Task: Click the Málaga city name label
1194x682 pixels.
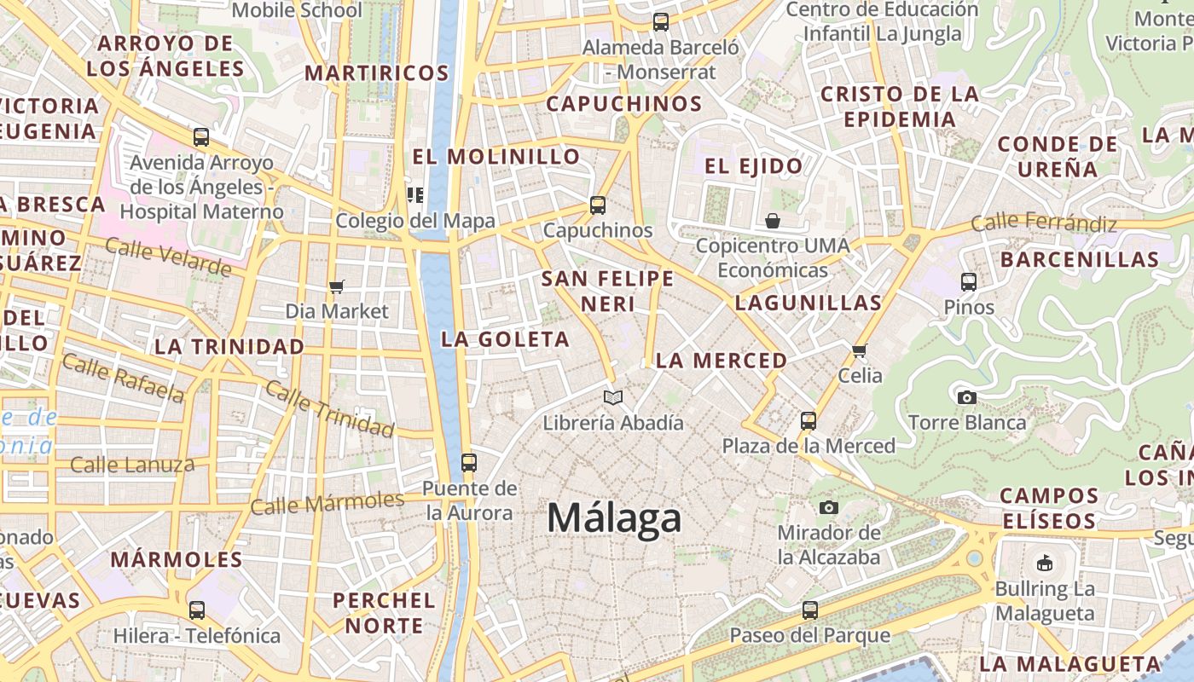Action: click(614, 517)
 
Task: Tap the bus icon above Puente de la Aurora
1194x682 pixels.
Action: click(468, 463)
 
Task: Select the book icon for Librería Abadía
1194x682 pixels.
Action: click(612, 397)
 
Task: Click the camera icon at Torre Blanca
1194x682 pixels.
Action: click(966, 397)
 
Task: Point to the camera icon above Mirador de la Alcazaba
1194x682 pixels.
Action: click(828, 508)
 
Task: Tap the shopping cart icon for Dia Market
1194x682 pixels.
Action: click(337, 287)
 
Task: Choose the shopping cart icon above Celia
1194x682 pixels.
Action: click(859, 350)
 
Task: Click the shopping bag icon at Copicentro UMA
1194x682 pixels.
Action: click(773, 222)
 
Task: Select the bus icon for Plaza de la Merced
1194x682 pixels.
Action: click(808, 420)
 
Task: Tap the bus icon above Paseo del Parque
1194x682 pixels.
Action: click(809, 610)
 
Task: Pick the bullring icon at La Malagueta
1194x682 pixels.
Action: click(1045, 563)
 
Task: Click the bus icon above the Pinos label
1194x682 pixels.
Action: click(968, 281)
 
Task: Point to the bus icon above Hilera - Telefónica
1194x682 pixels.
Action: click(197, 610)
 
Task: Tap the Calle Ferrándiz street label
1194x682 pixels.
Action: click(1044, 223)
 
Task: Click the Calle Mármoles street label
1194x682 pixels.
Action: click(327, 503)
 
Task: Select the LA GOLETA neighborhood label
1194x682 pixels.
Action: click(505, 339)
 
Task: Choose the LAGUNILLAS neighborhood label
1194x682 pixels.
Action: click(808, 303)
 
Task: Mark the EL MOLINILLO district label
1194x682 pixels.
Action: click(496, 157)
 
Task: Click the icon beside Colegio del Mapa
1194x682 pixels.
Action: click(415, 195)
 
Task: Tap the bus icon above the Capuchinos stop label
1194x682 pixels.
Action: click(598, 205)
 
